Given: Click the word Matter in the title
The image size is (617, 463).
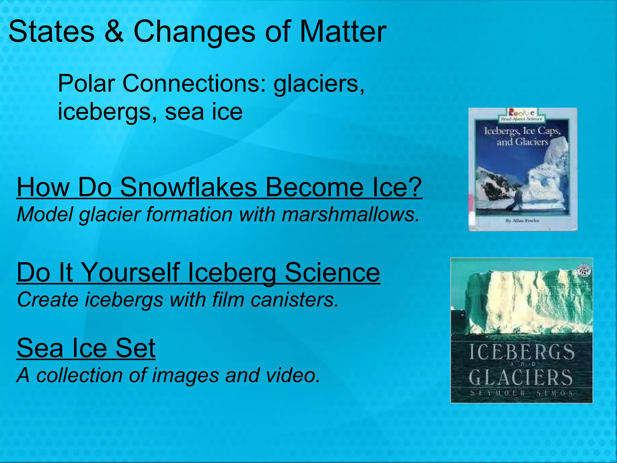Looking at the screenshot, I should (343, 32).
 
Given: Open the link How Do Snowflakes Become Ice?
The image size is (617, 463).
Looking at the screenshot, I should (219, 187).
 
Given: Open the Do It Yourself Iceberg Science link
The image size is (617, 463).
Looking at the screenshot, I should (198, 272).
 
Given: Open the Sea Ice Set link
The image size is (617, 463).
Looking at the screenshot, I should (86, 348).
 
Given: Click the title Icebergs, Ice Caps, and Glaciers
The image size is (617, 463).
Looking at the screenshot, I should (522, 136).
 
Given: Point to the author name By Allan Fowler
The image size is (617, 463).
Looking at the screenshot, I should (522, 221).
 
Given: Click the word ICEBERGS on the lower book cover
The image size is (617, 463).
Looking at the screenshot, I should (521, 352).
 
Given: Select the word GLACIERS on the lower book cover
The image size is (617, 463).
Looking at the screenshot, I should (521, 377).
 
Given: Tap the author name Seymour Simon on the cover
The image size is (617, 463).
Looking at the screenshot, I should (521, 393).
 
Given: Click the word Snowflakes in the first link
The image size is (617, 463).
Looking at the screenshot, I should (189, 187).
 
